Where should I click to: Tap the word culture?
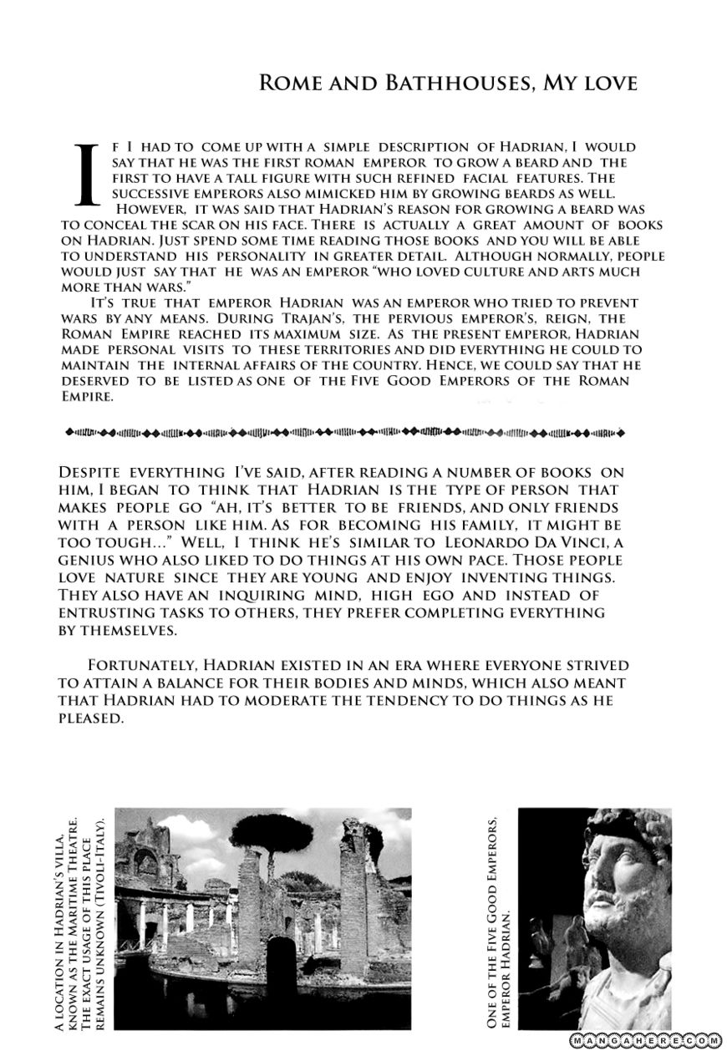[457, 272]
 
